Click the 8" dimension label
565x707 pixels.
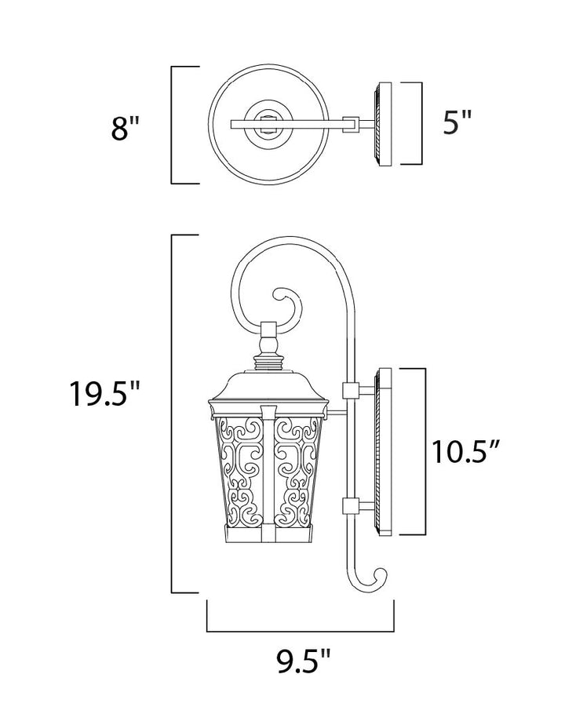tap(126, 128)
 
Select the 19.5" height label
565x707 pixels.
tap(105, 393)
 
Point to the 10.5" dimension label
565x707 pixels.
tap(467, 451)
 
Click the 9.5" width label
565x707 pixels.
tap(304, 661)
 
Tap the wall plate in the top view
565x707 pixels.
tap(382, 124)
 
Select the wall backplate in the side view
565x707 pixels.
tap(383, 451)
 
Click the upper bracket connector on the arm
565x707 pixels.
tap(350, 390)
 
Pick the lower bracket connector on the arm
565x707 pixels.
tap(350, 505)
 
